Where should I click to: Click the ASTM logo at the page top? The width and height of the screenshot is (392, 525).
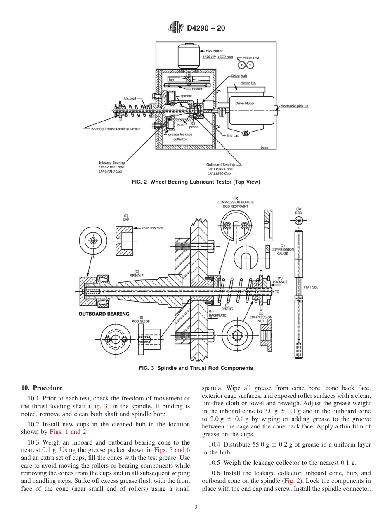176,28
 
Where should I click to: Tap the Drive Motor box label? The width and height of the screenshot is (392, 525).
245,103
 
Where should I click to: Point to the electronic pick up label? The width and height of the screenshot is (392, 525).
294,106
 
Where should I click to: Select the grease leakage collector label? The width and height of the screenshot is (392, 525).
180,137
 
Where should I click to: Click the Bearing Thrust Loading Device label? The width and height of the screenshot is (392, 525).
116,129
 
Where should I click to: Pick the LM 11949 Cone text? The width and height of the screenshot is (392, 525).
220,169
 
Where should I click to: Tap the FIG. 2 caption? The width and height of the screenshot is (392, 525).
196,182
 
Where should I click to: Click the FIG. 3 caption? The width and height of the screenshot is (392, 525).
196,368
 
